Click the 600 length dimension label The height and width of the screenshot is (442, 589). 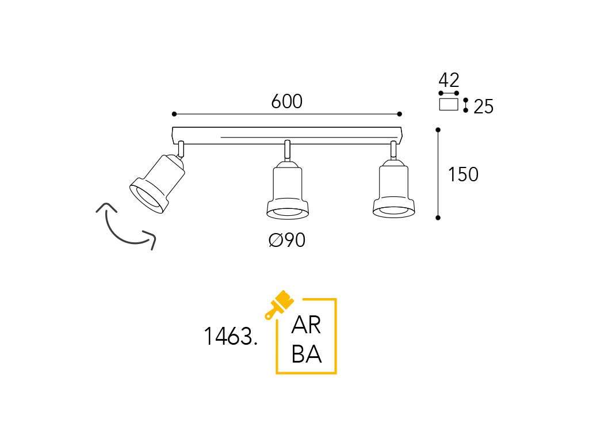coord(286,101)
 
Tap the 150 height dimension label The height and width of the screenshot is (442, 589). coord(463,174)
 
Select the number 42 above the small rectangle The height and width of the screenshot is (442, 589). coord(449,80)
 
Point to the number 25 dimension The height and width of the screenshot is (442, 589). coord(483,106)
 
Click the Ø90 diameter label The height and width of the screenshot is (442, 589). coord(287,240)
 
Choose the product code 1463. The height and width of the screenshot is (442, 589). coord(230,336)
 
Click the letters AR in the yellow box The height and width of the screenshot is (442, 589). coord(306,325)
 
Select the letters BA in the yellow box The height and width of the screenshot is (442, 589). coord(307,354)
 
